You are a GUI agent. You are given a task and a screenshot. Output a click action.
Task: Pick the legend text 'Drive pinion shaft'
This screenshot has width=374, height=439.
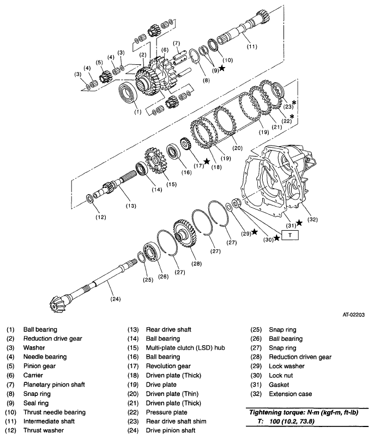point(170,430)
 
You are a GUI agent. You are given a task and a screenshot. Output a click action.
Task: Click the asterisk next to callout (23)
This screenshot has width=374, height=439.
point(294,103)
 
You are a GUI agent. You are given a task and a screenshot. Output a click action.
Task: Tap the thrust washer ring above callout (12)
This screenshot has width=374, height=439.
point(91,197)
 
